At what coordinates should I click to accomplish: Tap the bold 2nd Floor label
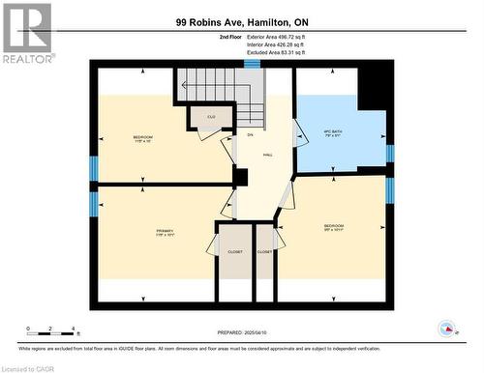(x=202, y=37)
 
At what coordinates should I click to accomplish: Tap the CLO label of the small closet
(x=209, y=117)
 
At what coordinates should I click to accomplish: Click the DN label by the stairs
(x=249, y=133)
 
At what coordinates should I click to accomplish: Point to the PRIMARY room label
(x=164, y=231)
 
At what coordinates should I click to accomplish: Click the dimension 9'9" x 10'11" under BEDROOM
(x=333, y=231)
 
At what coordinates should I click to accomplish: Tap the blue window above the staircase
(x=252, y=64)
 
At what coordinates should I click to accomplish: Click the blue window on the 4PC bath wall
(x=390, y=153)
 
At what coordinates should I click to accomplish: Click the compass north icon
(x=447, y=330)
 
